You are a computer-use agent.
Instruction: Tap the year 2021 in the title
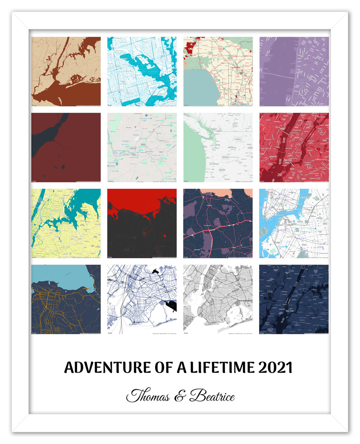point(275,368)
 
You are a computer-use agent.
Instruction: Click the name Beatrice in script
point(212,396)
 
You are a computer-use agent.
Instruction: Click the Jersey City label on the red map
point(270,156)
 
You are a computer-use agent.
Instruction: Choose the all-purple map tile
point(294,71)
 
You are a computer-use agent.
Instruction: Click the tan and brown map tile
point(66,71)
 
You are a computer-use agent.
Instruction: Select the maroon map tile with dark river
point(66,147)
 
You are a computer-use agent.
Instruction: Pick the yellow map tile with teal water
point(66,223)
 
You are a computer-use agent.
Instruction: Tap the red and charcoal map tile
point(142,223)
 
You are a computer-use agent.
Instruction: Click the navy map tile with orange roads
point(66,299)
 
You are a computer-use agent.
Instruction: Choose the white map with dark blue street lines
point(142,299)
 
